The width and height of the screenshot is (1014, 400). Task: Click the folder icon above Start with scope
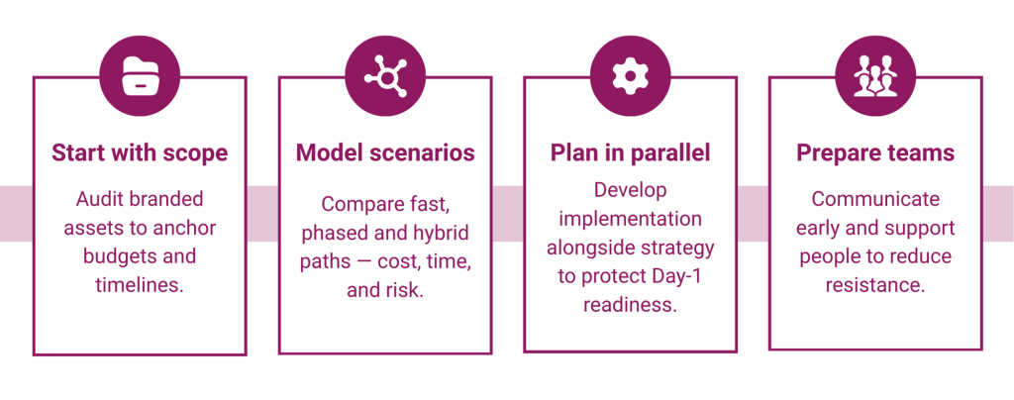click(x=140, y=76)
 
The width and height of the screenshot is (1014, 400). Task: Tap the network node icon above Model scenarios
click(x=384, y=76)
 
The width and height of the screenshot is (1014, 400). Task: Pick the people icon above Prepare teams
click(x=874, y=76)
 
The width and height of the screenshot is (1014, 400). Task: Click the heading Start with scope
click(x=140, y=153)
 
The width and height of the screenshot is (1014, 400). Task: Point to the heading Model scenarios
click(x=385, y=153)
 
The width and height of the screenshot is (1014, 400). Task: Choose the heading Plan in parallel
click(x=630, y=153)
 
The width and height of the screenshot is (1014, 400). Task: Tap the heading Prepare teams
click(x=875, y=153)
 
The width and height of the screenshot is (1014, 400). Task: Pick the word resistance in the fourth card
click(x=875, y=285)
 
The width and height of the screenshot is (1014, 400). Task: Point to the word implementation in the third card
click(x=630, y=218)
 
